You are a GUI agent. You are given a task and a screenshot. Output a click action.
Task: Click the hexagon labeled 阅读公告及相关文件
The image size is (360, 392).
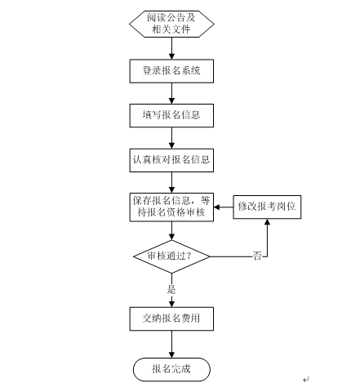click(171, 24)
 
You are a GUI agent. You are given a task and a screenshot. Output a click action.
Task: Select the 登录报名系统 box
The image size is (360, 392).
click(171, 71)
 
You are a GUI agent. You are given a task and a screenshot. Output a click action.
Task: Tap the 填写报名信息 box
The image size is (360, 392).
click(171, 115)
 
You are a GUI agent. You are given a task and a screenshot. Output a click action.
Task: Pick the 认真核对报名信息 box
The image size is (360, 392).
click(171, 160)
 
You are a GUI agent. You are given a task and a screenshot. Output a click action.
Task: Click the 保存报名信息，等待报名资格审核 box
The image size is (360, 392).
click(171, 207)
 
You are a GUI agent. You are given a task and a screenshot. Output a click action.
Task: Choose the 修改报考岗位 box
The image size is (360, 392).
click(267, 207)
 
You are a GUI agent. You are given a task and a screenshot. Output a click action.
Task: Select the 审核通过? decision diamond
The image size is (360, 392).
click(171, 256)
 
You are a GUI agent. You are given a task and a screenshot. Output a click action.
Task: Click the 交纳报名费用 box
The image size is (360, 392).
click(171, 318)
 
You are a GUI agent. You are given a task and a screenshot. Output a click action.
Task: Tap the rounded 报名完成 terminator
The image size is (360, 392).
click(171, 369)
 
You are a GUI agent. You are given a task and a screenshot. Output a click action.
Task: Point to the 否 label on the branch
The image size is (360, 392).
click(257, 256)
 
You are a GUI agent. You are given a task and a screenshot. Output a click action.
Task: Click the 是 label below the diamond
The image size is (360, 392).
click(171, 289)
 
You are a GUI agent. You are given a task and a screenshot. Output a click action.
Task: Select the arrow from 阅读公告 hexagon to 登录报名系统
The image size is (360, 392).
click(171, 48)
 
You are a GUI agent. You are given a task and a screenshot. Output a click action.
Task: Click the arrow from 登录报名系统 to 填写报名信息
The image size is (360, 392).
click(171, 93)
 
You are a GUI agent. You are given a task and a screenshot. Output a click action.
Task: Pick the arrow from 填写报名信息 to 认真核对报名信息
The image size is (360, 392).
click(171, 138)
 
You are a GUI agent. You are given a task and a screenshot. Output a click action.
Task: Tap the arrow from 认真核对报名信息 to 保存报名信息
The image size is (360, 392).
click(171, 182)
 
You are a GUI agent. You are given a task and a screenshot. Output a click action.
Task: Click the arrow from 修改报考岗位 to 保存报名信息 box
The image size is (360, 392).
click(224, 207)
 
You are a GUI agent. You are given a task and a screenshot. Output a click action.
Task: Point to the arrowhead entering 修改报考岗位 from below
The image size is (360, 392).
click(267, 222)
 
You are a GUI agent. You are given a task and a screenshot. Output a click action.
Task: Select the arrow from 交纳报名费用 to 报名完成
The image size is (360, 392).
click(171, 344)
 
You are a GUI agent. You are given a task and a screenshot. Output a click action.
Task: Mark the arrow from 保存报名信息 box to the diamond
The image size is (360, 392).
click(171, 231)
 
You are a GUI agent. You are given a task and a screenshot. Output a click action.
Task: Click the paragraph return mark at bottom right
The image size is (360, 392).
click(306, 379)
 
